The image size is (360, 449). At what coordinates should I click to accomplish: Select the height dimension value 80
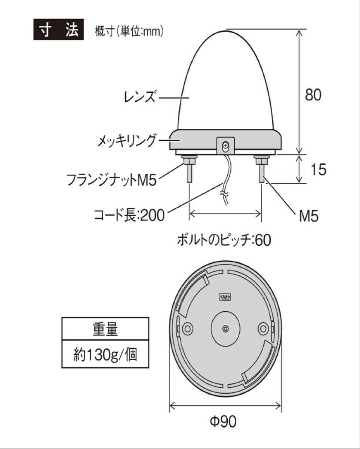[313, 95]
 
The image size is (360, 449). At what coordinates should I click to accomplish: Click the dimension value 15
[318, 169]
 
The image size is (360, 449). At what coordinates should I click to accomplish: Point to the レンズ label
[139, 98]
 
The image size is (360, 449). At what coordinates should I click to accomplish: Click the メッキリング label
[126, 141]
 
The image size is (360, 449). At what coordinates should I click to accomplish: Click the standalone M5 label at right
[309, 216]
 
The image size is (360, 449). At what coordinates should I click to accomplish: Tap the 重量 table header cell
[105, 329]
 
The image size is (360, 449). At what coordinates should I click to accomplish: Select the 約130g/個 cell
[105, 354]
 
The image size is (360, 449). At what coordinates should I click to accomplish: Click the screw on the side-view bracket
[225, 144]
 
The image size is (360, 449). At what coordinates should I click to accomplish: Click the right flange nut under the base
[261, 161]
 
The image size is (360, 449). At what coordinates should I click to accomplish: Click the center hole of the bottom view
[225, 329]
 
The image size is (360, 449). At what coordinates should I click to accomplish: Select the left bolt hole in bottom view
[187, 329]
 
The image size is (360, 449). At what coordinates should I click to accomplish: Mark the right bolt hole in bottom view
[263, 329]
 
